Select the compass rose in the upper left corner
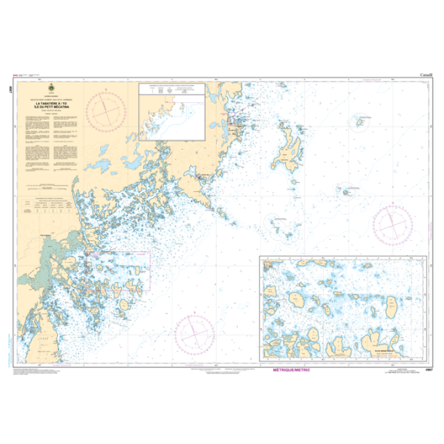click(106, 108)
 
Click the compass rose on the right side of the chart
click(393, 224)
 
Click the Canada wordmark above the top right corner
click(426, 75)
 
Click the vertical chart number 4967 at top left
click(14, 87)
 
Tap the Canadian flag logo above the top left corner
click(20, 75)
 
